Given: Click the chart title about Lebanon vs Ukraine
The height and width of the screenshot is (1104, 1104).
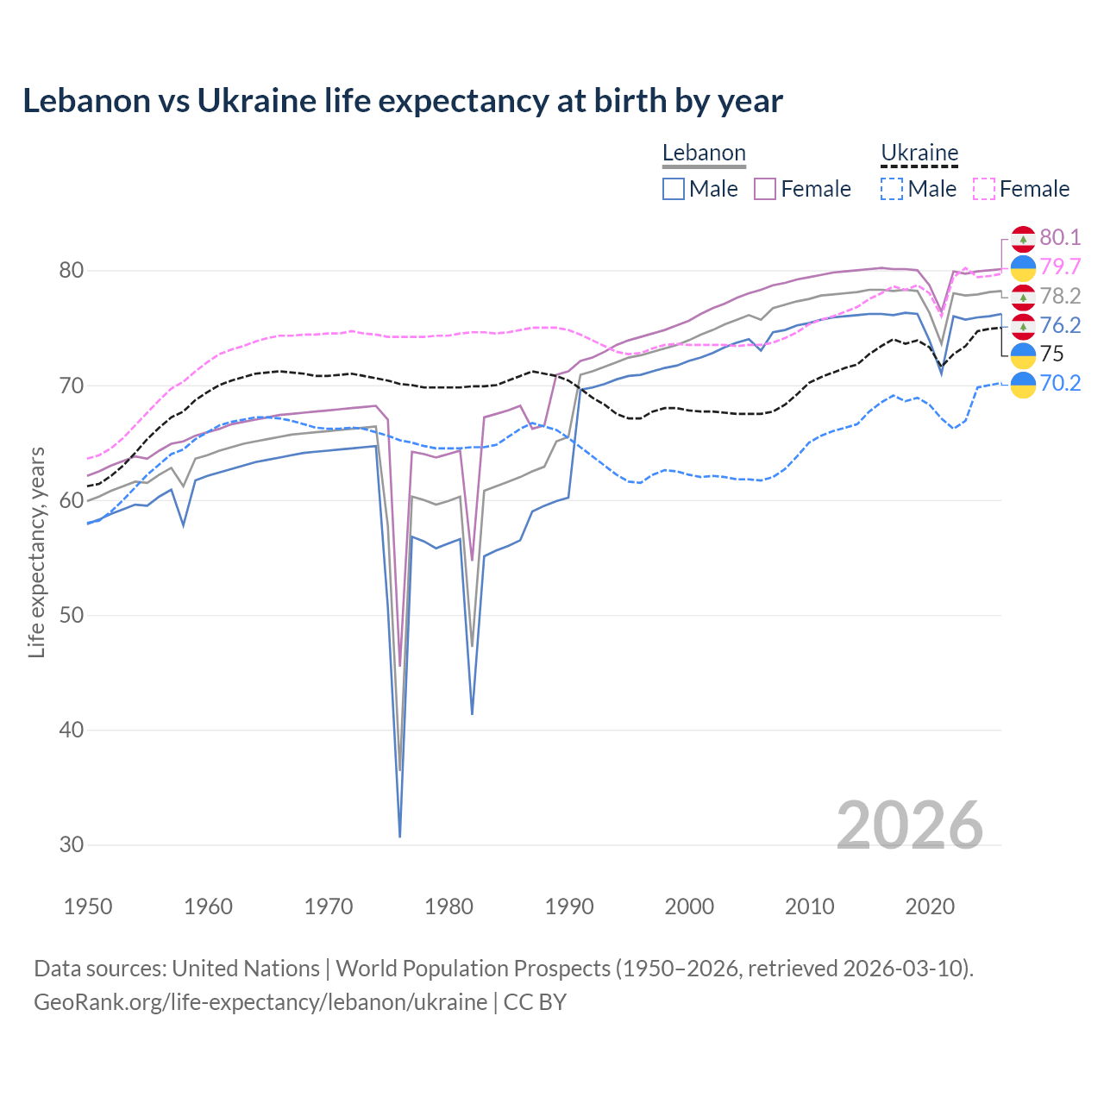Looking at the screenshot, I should pyautogui.click(x=402, y=101).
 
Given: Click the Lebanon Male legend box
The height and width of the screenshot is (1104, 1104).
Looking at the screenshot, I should pyautogui.click(x=674, y=189).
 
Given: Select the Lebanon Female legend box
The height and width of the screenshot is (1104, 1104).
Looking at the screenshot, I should pyautogui.click(x=765, y=189).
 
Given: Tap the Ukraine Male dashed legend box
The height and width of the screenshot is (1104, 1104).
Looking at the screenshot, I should pyautogui.click(x=892, y=189).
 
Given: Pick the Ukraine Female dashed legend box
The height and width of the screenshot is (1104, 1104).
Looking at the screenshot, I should pyautogui.click(x=983, y=189).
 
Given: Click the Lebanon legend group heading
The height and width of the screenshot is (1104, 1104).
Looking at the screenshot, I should pyautogui.click(x=704, y=154).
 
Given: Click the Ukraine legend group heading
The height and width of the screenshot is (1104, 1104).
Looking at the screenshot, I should pyautogui.click(x=919, y=154).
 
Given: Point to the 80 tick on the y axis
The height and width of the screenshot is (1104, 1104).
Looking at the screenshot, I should pyautogui.click(x=72, y=271).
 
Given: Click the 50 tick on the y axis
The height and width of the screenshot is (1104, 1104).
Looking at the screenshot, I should pyautogui.click(x=72, y=615).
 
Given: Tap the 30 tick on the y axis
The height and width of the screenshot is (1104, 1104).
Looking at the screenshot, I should pyautogui.click(x=72, y=844).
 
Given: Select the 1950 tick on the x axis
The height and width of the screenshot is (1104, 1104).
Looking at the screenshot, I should pyautogui.click(x=88, y=906).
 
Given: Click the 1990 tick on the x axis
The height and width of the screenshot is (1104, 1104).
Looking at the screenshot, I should pyautogui.click(x=569, y=906).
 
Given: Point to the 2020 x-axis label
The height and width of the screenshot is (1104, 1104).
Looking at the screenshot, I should pyautogui.click(x=930, y=906).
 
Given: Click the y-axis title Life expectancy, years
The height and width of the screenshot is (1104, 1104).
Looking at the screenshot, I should pyautogui.click(x=36, y=552).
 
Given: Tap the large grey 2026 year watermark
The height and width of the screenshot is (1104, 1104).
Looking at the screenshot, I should pyautogui.click(x=910, y=825).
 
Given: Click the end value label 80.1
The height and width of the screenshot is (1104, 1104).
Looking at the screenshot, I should pyautogui.click(x=1060, y=238).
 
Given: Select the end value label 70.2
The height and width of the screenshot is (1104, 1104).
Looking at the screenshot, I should pyautogui.click(x=1060, y=383).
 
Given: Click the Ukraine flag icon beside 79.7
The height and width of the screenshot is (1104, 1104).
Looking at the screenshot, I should pyautogui.click(x=1023, y=267).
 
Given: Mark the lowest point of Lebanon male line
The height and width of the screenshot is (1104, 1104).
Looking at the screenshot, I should pyautogui.click(x=400, y=836).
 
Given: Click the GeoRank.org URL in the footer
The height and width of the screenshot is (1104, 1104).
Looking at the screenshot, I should pyautogui.click(x=260, y=1002).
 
